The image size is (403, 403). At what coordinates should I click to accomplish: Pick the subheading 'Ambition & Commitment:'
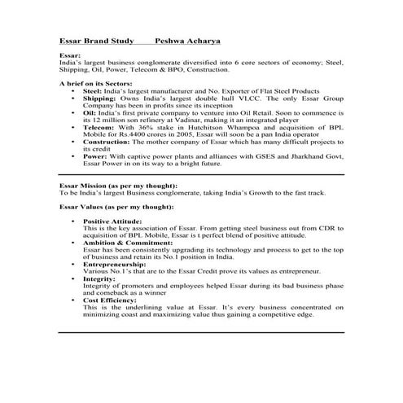tap(124, 243)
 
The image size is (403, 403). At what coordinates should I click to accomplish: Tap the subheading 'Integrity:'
tap(100, 279)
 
